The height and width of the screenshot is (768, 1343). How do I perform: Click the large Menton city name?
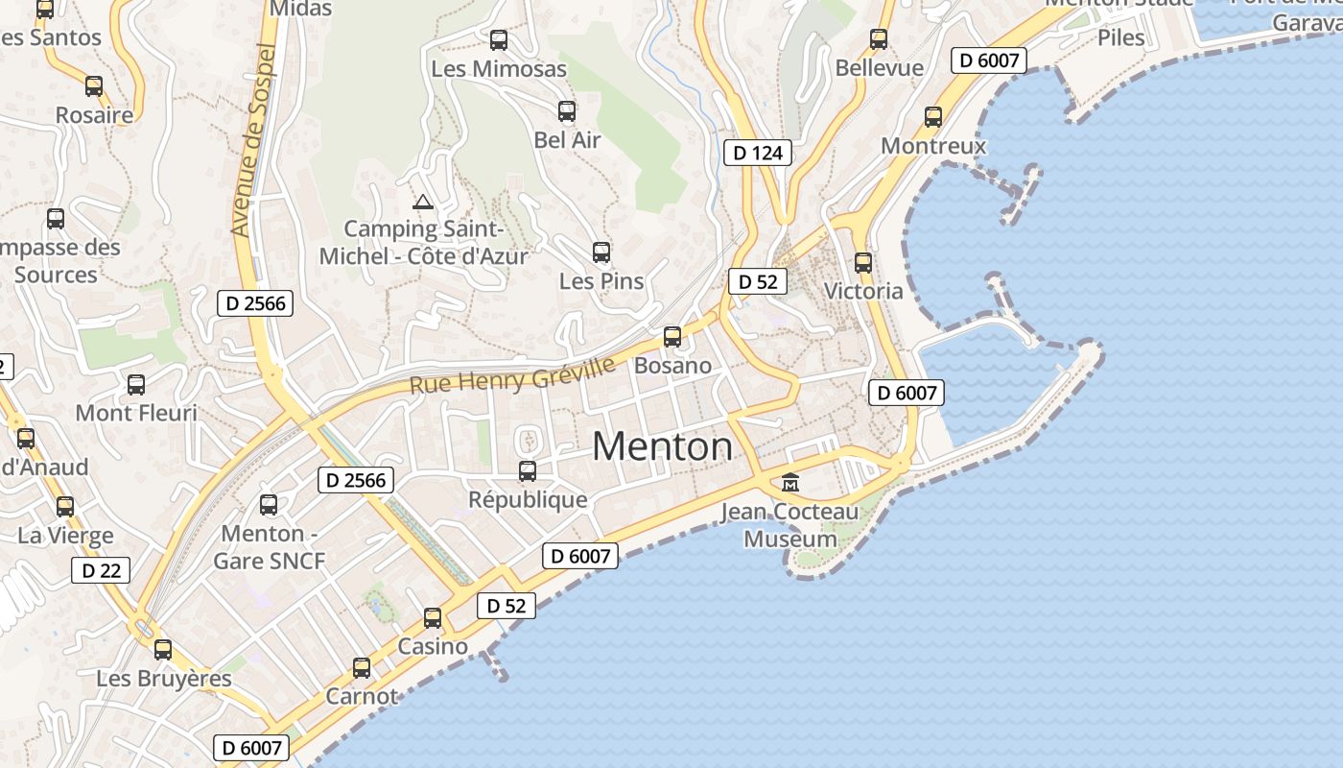[662, 446]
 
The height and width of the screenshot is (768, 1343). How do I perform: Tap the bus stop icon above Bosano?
[672, 337]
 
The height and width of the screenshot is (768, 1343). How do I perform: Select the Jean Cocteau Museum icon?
[790, 482]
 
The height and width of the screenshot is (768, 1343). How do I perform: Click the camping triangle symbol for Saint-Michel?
[422, 203]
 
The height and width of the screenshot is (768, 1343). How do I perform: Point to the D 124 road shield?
[758, 152]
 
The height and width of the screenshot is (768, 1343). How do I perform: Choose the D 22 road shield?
[101, 570]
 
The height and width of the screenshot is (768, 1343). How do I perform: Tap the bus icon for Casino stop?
[433, 617]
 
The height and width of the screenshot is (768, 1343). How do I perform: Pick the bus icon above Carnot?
[362, 667]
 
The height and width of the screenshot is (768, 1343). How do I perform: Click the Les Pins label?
[601, 281]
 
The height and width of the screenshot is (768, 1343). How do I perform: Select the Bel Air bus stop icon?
[567, 111]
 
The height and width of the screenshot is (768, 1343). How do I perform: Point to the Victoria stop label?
[863, 291]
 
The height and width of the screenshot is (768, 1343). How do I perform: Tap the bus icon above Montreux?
[933, 117]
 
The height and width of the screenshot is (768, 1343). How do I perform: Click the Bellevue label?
[879, 68]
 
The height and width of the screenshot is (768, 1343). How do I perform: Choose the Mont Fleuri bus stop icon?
[136, 385]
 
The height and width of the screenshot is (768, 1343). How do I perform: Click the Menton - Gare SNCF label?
[270, 546]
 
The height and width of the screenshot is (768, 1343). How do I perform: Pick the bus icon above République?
[528, 471]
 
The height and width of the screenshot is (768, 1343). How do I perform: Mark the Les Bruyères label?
[164, 679]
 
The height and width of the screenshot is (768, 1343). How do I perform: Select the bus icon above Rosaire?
[94, 86]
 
